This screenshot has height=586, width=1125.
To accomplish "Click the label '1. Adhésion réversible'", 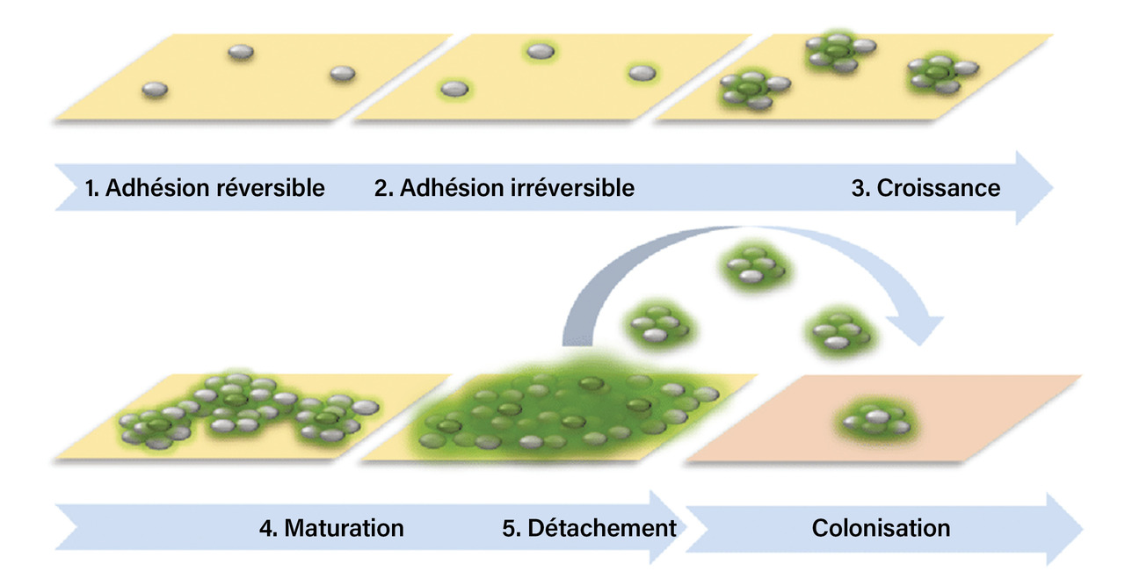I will tap(205, 188).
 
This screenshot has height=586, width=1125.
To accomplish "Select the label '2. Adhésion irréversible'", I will tap(504, 188).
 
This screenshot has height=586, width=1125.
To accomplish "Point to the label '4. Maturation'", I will tap(331, 528).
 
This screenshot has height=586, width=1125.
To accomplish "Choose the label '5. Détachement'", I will tap(589, 528).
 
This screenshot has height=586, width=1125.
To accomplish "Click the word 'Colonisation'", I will tap(881, 528).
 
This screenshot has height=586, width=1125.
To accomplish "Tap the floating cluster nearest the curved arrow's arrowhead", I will tap(838, 331).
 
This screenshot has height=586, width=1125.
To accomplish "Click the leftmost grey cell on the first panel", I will tap(155, 89).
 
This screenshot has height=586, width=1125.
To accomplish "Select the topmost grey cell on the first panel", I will tap(241, 53).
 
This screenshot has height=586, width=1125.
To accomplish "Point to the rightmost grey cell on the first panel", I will tap(342, 74).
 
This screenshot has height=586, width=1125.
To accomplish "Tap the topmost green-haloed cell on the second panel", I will tap(541, 52).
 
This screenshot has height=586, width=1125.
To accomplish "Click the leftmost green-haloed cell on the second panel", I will tap(454, 89).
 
